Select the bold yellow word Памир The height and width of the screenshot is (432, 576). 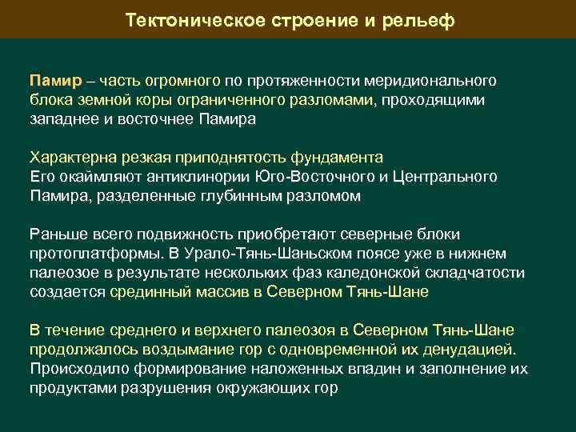pos(54,82)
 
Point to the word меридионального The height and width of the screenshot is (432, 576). pos(430,82)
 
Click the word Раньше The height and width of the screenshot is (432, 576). pos(55,234)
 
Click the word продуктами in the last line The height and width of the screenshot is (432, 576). pos(73,388)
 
